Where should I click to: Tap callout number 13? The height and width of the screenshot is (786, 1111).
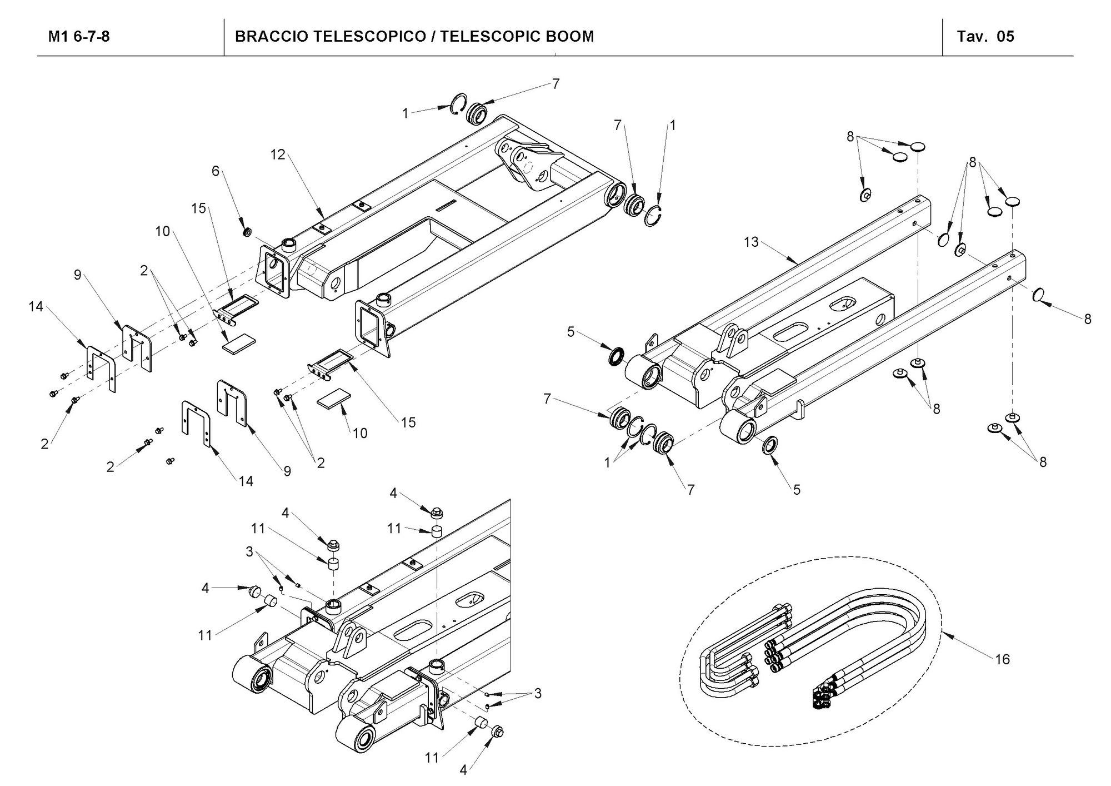751,242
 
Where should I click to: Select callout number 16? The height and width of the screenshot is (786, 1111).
1002,660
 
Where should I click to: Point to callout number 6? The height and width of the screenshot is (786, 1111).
216,171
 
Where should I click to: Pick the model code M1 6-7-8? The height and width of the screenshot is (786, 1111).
79,37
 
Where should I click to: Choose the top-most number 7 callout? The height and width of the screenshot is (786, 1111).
555,84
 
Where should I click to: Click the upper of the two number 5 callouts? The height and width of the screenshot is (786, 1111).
570,332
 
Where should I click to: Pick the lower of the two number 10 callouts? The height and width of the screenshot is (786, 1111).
360,433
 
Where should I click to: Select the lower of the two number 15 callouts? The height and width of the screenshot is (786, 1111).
408,422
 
